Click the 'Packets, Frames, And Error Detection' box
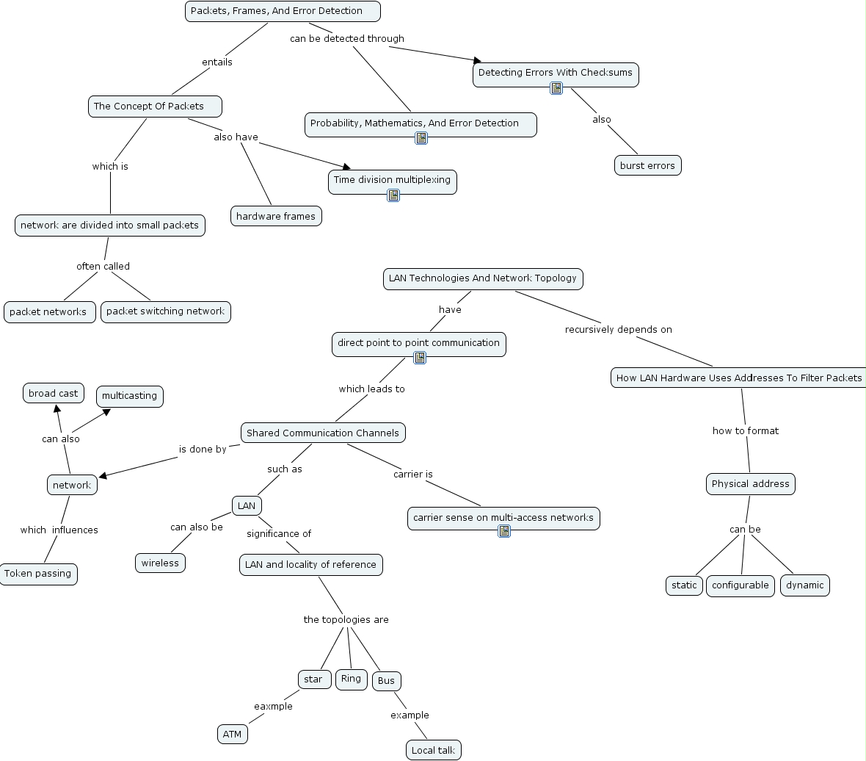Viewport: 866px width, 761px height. point(283,11)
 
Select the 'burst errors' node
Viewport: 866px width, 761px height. point(647,165)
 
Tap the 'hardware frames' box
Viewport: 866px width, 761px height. point(276,216)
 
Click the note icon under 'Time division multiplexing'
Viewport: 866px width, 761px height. point(393,195)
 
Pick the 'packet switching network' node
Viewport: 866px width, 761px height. point(165,311)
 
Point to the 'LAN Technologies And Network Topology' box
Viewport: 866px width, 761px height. point(483,278)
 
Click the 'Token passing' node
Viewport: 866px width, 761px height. point(38,574)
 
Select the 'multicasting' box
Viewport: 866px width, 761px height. point(129,396)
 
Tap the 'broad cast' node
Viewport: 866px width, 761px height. point(53,394)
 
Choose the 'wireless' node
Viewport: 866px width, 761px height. point(160,563)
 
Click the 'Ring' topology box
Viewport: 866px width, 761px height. point(351,679)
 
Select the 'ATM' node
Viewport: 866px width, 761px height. point(232,734)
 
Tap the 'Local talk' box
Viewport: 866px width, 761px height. point(433,750)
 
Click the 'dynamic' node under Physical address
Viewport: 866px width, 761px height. point(804,585)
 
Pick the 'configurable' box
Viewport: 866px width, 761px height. point(740,585)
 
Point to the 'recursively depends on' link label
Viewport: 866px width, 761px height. point(618,329)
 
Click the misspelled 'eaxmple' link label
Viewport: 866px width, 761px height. point(273,706)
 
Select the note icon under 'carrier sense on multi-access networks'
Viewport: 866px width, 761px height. point(504,531)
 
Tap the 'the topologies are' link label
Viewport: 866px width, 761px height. point(346,619)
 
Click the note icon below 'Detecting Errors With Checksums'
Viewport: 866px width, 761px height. point(556,88)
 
